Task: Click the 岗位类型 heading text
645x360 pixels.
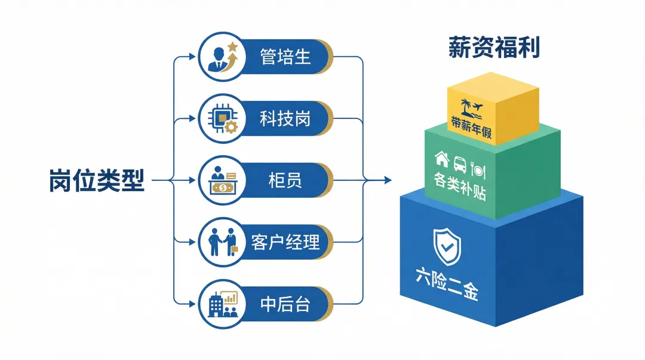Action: coord(97,179)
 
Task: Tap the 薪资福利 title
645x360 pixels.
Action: coord(494,48)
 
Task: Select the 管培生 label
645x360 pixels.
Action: coord(285,57)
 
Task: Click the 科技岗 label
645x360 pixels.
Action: coord(285,118)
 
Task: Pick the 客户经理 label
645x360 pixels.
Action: coord(285,242)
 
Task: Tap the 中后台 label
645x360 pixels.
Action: coord(285,303)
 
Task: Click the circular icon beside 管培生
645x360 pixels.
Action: coord(220,57)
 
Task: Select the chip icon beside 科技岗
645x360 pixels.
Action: coord(220,118)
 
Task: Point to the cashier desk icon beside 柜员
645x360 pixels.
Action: coord(220,180)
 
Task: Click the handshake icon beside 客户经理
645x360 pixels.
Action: coord(220,242)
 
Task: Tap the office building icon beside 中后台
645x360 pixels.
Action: coord(220,303)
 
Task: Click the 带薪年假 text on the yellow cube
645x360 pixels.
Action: coord(471,127)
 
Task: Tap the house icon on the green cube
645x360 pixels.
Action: coord(442,158)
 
